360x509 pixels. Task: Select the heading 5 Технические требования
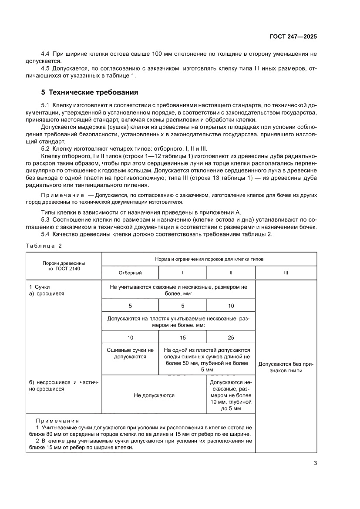click(x=90, y=92)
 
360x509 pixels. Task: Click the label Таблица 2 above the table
click(x=44, y=246)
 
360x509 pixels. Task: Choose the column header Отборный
click(x=130, y=273)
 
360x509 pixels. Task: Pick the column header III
click(x=286, y=273)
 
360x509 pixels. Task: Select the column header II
click(x=231, y=273)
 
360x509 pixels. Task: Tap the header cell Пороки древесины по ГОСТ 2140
click(x=64, y=266)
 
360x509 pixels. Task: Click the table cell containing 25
click(x=231, y=337)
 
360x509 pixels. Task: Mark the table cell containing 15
click(x=182, y=337)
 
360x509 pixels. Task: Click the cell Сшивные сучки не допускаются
click(x=130, y=353)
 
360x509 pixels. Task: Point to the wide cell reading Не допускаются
click(x=154, y=395)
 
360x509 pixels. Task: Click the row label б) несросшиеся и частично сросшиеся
click(x=64, y=385)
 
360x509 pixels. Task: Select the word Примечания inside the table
click(x=57, y=421)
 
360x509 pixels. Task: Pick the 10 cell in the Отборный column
click(x=130, y=337)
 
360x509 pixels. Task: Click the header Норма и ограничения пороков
click(x=209, y=259)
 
